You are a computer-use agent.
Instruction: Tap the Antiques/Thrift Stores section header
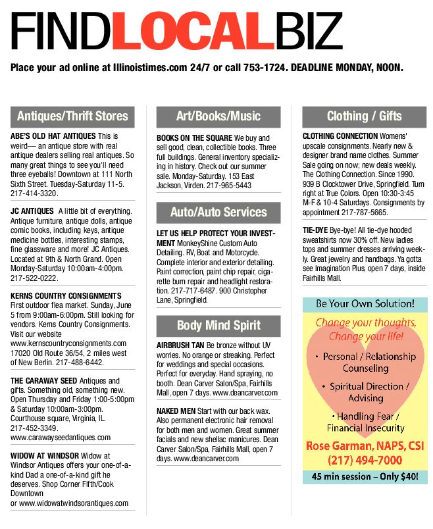point(72,116)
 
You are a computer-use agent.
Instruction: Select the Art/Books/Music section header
point(218,116)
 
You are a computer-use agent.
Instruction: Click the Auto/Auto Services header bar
point(218,212)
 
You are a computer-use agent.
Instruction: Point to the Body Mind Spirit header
point(218,325)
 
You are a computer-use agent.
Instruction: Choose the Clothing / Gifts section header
point(364,116)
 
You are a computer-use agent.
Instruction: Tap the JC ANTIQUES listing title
point(31,211)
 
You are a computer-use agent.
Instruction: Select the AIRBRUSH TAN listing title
point(180,345)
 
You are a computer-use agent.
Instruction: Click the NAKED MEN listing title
point(175,411)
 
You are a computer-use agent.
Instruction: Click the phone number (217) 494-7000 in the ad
point(364,459)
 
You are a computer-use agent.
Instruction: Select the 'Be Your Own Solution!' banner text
point(364,305)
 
